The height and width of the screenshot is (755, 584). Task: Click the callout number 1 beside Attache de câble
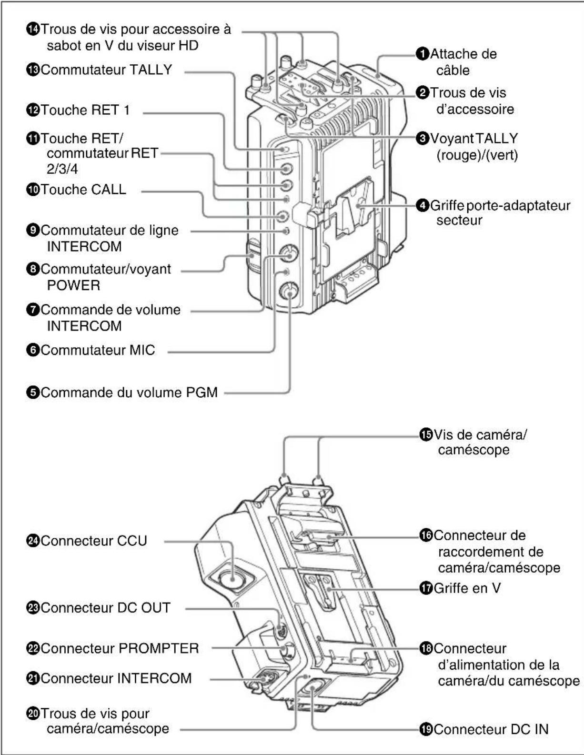click(423, 54)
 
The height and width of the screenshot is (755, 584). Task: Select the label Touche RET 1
click(84, 110)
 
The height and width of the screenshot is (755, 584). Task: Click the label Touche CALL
click(83, 190)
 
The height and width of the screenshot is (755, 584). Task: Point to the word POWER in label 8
click(73, 285)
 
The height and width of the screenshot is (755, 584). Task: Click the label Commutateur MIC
click(97, 350)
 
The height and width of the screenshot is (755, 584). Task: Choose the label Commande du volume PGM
click(129, 393)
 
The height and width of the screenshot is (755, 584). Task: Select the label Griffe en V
click(466, 588)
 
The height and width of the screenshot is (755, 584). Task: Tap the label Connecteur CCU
click(93, 541)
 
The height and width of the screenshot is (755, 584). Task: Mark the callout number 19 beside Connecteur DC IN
click(425, 729)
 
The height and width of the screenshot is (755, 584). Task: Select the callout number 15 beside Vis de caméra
click(425, 434)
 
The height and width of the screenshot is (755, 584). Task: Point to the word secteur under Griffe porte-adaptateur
click(459, 221)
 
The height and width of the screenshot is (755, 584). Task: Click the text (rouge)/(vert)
click(477, 155)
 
